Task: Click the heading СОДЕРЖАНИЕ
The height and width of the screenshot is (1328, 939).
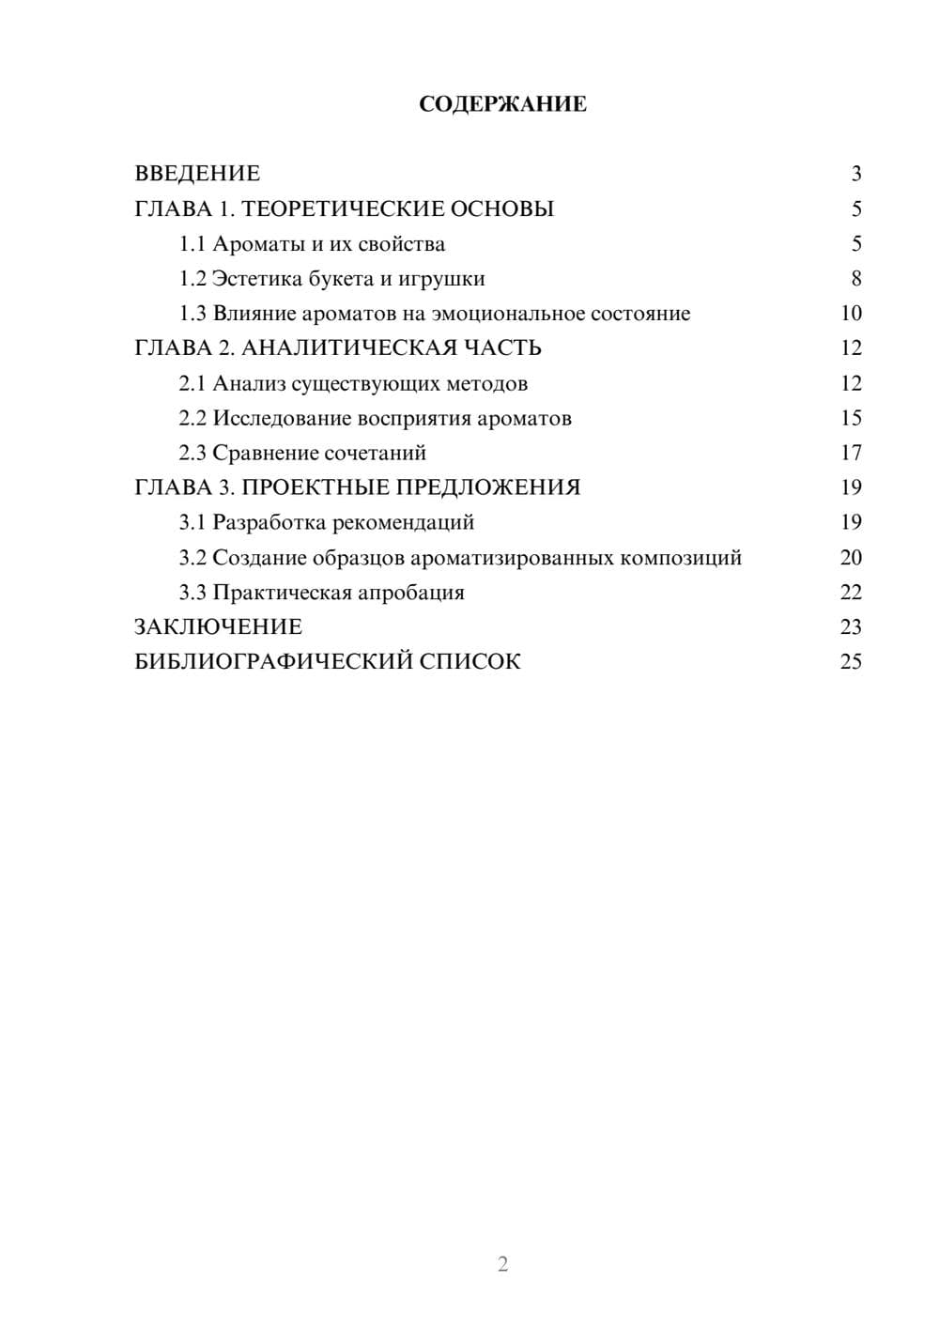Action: [x=502, y=104]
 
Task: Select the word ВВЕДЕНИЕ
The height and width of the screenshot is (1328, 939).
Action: [x=197, y=174]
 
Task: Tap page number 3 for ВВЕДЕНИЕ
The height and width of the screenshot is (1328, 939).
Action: [x=855, y=174]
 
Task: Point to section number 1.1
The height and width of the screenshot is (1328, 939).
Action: [x=192, y=244]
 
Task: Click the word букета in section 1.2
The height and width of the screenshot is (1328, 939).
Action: [x=339, y=279]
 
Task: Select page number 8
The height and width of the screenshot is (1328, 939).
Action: [x=855, y=279]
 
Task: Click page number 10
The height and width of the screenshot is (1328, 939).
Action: [x=851, y=314]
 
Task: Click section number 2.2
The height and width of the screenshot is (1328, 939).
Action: [x=192, y=419]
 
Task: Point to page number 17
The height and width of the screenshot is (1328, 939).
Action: [x=851, y=454]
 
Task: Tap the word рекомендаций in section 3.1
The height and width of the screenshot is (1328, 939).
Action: [x=403, y=523]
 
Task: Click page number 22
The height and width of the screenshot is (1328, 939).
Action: [x=851, y=593]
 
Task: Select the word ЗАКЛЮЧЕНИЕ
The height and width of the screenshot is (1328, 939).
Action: [x=218, y=627]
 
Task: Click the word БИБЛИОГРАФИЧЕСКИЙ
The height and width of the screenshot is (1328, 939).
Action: [x=272, y=662]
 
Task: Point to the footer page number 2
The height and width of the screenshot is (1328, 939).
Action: [x=502, y=1264]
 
